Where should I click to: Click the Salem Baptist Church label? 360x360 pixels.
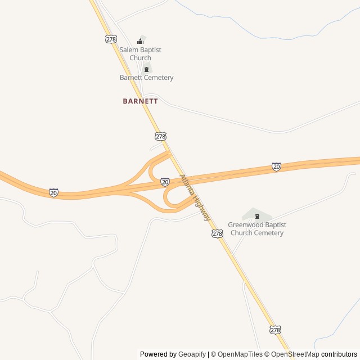pyautogui.click(x=140, y=53)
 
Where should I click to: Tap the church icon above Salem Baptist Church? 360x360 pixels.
pyautogui.click(x=141, y=41)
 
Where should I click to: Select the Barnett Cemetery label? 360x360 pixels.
pyautogui.click(x=146, y=78)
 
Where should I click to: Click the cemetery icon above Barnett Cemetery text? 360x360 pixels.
pyautogui.click(x=146, y=69)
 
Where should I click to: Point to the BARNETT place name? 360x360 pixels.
pyautogui.click(x=140, y=101)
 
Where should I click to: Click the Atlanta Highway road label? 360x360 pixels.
pyautogui.click(x=195, y=197)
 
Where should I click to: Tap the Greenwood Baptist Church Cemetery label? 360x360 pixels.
pyautogui.click(x=256, y=228)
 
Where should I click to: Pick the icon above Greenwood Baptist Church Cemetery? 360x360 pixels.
pyautogui.click(x=257, y=216)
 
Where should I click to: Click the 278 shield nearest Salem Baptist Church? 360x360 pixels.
pyautogui.click(x=110, y=38)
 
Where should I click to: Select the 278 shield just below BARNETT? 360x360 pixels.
pyautogui.click(x=161, y=137)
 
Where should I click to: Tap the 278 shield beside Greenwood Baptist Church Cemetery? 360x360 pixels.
pyautogui.click(x=218, y=233)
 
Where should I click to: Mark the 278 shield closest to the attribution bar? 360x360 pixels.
pyautogui.click(x=274, y=330)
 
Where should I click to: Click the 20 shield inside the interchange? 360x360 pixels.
pyautogui.click(x=165, y=182)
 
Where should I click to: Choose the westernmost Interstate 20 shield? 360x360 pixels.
pyautogui.click(x=53, y=193)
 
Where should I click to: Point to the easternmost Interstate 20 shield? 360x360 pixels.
pyautogui.click(x=276, y=166)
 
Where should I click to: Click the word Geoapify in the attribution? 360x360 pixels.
pyautogui.click(x=192, y=354)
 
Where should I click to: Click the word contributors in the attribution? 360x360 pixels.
pyautogui.click(x=339, y=354)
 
